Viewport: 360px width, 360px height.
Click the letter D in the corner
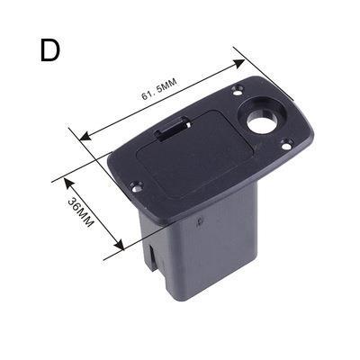pyautogui.click(x=49, y=50)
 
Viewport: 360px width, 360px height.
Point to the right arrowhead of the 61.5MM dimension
pyautogui.click(x=240, y=62)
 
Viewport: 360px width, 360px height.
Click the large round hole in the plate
pyautogui.click(x=263, y=121)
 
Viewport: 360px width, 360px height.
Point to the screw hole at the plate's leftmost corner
pyautogui.click(x=136, y=187)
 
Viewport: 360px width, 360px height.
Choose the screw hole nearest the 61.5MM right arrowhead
pyautogui.click(x=238, y=88)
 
